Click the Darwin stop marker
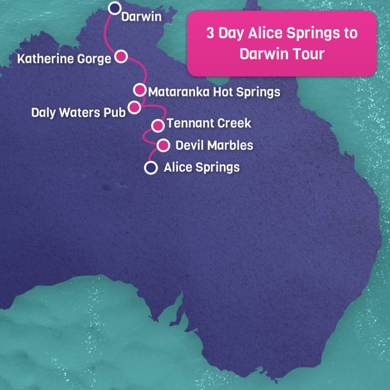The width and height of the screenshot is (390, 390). pos(116,8)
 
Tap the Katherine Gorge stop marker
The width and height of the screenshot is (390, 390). pos(121,56)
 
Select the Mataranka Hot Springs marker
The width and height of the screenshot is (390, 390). pos(140,89)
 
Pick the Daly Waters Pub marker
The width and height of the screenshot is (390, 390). pos(134,107)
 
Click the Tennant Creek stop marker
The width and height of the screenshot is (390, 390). pos(158,126)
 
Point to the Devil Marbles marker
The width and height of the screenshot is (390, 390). pos(163,145)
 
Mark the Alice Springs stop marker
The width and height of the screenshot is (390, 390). pos(151,167)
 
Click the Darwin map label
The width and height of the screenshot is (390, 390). pos(141,17)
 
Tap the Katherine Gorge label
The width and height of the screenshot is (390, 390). pos(64,59)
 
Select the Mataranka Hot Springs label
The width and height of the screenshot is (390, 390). pos(214,92)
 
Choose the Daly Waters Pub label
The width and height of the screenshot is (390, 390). pos(78,113)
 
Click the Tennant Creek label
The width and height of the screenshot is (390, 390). pos(209,123)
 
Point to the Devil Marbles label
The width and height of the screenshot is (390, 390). pos(214,145)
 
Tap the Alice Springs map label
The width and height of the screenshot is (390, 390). pos(201,167)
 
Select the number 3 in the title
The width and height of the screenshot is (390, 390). pos(210,33)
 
